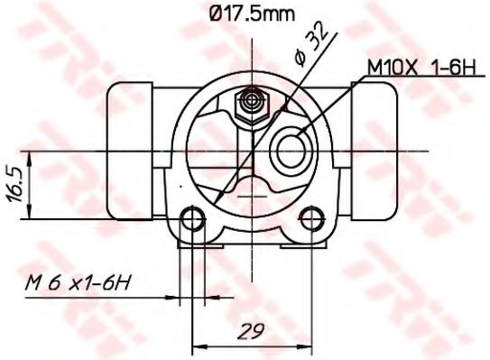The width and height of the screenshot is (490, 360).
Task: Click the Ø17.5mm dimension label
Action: [252, 14]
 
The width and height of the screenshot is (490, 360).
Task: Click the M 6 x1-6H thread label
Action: [77, 282]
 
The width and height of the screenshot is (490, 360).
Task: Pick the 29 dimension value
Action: [251, 330]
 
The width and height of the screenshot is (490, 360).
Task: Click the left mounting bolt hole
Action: [193, 218]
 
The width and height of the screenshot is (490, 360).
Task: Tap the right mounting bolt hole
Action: [311, 218]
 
